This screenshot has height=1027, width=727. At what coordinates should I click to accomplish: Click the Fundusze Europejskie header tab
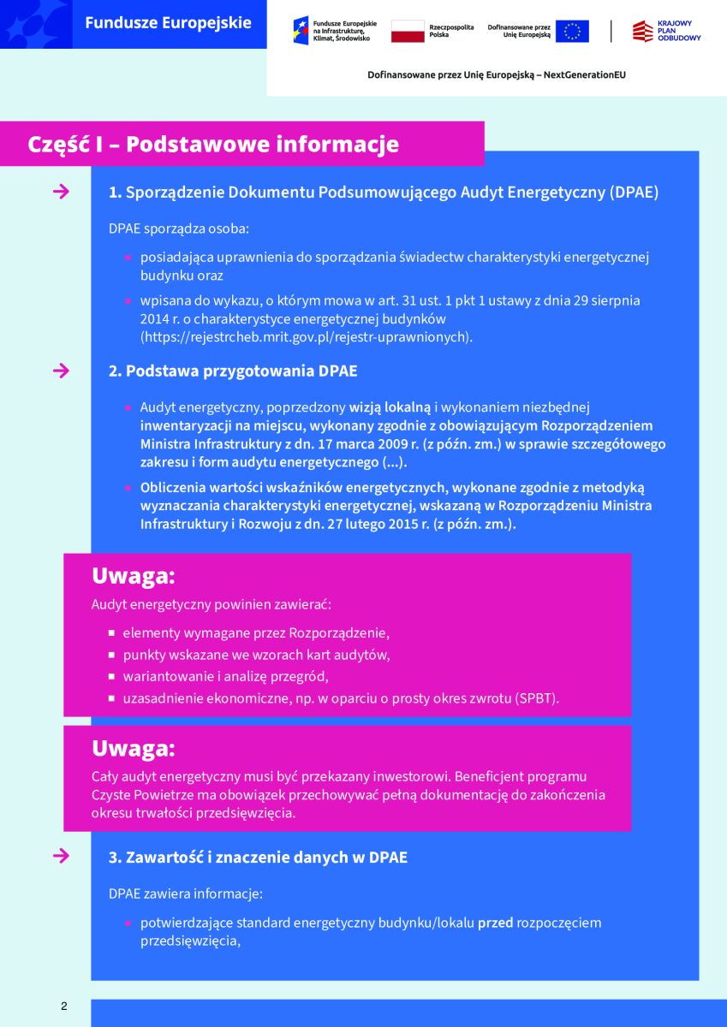pos(168,23)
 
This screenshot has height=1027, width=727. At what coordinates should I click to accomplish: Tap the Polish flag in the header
pos(408,32)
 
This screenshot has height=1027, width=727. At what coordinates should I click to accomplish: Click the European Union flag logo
pos(571,32)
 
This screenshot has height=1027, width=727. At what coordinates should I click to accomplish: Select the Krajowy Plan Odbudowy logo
pos(666,32)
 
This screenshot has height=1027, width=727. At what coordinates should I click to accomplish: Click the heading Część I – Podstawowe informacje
pos(213,144)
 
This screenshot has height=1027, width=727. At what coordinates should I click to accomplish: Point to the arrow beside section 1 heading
pos(61,192)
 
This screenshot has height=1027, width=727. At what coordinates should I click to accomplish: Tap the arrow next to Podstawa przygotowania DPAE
pos(61,371)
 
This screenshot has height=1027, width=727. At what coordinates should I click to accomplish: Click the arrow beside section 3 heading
pos(61,856)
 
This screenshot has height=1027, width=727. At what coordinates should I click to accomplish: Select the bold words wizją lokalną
pos(390,407)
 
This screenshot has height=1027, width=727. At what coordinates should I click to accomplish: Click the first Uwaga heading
pos(133,576)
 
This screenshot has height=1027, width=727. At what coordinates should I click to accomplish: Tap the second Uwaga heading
pos(133,748)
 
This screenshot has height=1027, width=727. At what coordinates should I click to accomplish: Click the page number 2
pos(63,1006)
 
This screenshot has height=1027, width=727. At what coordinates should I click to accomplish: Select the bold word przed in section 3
pos(495,923)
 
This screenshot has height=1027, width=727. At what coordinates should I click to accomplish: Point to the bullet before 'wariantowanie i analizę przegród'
pos(112,677)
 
